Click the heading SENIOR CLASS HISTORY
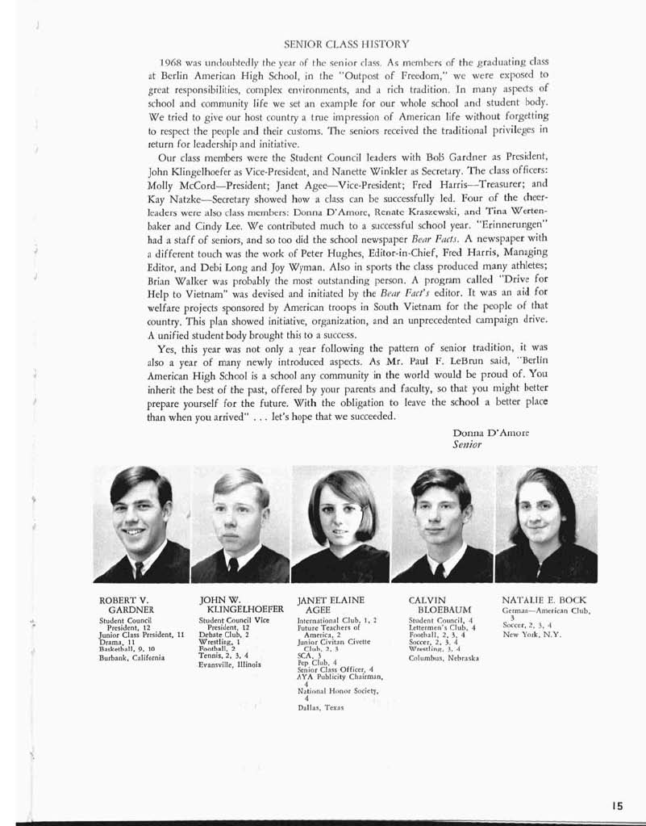[348, 43]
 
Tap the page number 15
[619, 805]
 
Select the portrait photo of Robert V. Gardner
[141, 524]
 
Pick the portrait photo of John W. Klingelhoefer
[240, 524]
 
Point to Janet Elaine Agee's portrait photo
[340, 524]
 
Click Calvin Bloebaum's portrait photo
[441, 524]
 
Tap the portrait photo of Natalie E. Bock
[546, 524]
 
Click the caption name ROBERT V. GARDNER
[126, 604]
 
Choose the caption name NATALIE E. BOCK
[544, 600]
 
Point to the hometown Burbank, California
[131, 657]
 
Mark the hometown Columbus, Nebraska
[444, 657]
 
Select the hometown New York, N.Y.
[531, 634]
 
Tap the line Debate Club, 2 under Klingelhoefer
[221, 635]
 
